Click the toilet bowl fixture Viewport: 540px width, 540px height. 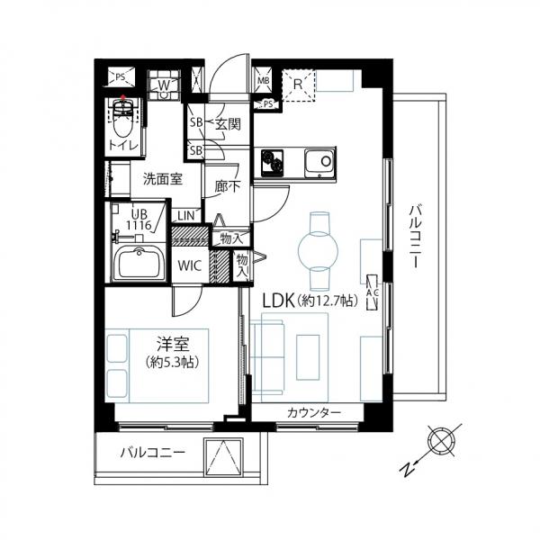[x=122, y=118]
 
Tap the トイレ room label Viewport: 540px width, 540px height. [x=123, y=146]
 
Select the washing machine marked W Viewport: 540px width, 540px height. [x=165, y=85]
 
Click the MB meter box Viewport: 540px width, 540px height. [x=264, y=81]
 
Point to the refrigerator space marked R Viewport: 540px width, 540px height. [x=298, y=85]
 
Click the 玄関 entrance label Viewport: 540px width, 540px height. [x=228, y=124]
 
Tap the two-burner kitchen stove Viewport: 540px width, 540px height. [x=272, y=162]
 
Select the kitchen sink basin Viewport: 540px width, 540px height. [x=319, y=162]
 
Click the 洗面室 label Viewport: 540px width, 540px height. [x=163, y=179]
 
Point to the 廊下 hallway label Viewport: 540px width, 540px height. [x=228, y=186]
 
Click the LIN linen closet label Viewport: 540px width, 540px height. [x=186, y=216]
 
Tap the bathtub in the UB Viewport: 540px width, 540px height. [x=139, y=263]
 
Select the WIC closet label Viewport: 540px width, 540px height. [x=189, y=265]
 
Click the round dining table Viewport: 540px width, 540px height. [x=319, y=251]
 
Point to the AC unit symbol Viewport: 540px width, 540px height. [x=373, y=292]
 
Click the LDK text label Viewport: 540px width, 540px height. [x=278, y=301]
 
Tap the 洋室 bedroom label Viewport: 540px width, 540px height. [x=173, y=344]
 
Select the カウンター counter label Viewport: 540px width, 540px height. [x=314, y=412]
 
